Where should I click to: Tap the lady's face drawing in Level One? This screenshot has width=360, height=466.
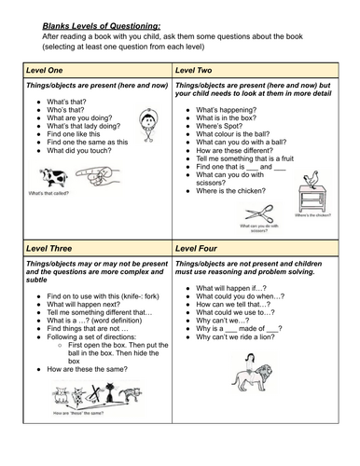pos(146,121)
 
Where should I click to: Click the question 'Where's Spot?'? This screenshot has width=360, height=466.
pos(217,129)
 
